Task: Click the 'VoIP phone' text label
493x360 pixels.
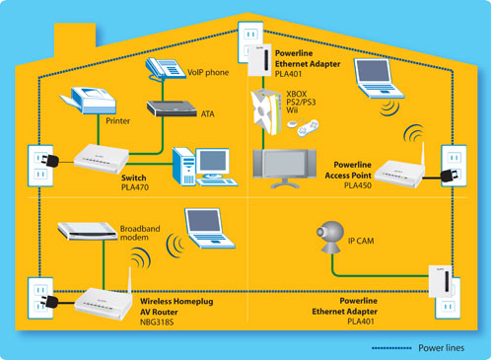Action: pos(209,71)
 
